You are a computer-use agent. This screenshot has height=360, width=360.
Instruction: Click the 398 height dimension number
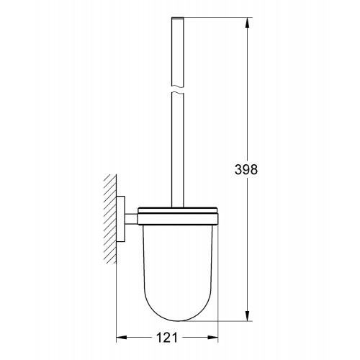tap(246, 169)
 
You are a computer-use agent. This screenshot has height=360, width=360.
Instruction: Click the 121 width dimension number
tap(167, 338)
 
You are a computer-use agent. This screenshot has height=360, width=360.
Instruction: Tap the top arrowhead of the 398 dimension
tap(248, 24)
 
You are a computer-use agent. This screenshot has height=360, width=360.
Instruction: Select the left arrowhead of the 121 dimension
tap(122, 338)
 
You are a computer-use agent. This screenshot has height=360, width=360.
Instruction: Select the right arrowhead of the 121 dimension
tap(212, 338)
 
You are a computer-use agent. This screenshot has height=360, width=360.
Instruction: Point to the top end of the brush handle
tap(178, 18)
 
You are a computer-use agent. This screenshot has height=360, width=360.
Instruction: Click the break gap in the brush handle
tap(178, 89)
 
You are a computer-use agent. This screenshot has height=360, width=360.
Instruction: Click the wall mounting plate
tap(121, 219)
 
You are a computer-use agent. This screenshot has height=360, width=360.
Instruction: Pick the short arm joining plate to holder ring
tap(131, 219)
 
